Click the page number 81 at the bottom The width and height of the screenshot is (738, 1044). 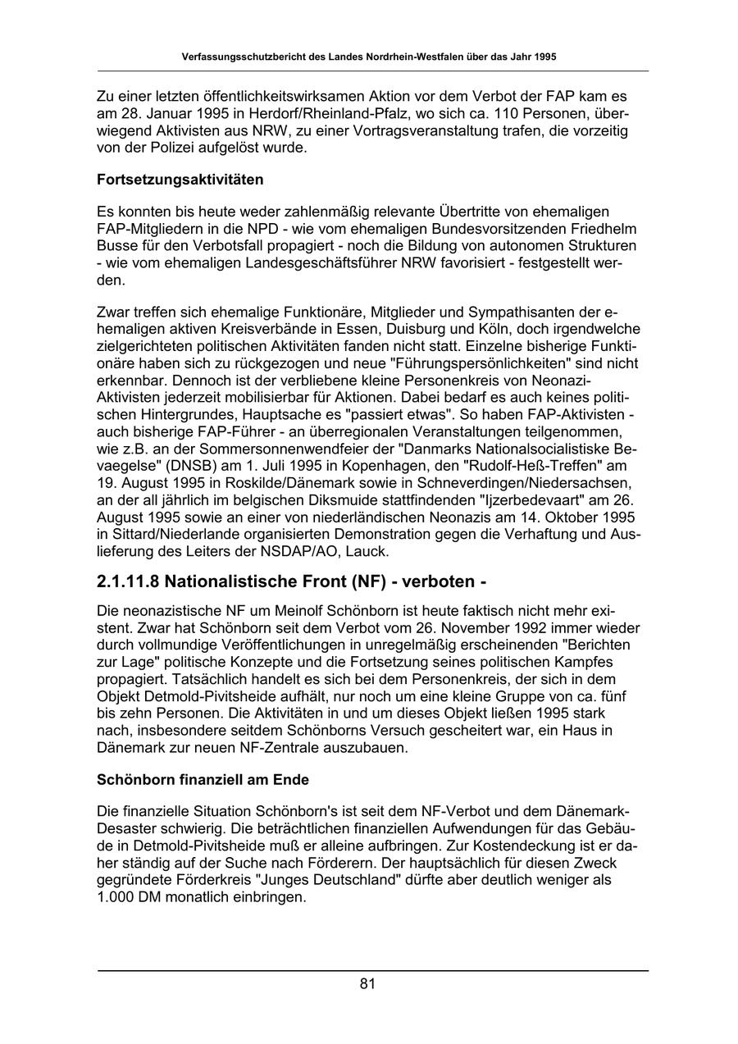tap(367, 984)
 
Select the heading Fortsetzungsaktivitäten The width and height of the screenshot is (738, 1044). tap(180, 179)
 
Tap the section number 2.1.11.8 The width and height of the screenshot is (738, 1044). tap(127, 581)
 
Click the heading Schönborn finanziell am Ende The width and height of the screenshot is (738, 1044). tap(203, 778)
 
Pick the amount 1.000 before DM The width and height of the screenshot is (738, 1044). tap(117, 896)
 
